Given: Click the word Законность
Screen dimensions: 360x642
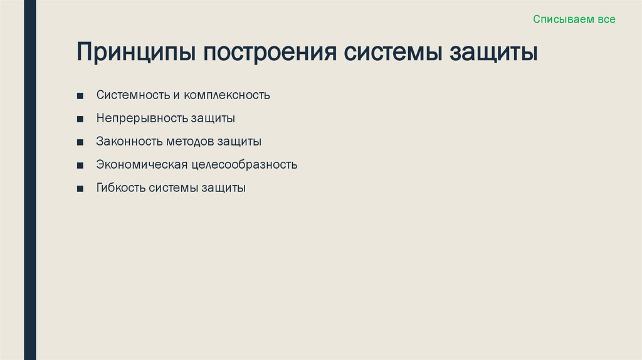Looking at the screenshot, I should [x=129, y=141].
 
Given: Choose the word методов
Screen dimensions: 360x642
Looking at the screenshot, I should [x=190, y=141].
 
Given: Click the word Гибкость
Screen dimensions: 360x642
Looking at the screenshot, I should [x=121, y=188].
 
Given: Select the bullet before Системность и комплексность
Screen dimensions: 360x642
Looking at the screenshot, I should [x=80, y=96].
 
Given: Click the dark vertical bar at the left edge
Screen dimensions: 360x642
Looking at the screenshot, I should [x=29, y=180].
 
